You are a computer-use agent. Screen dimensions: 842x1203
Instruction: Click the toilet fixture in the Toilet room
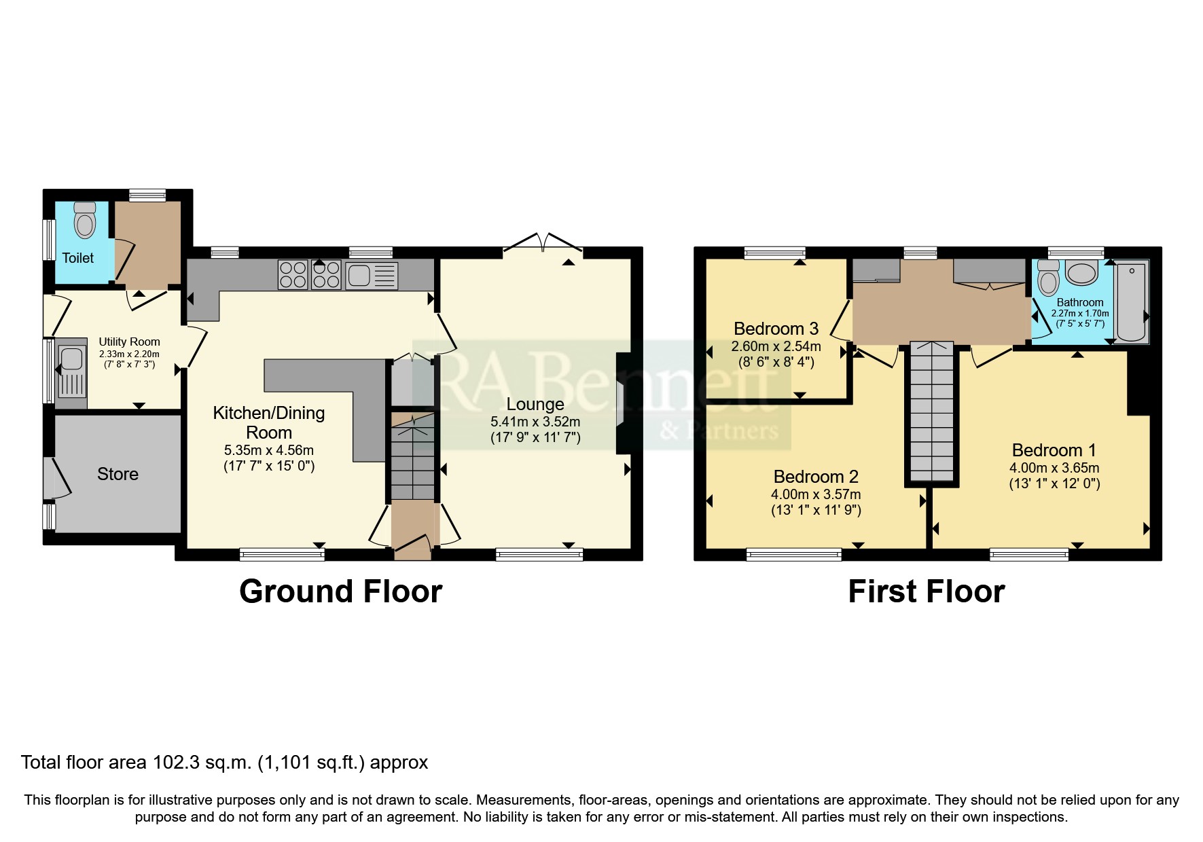pos(85,219)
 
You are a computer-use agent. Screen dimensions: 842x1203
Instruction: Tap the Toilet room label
pos(78,258)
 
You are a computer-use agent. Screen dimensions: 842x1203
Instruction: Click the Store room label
pos(118,474)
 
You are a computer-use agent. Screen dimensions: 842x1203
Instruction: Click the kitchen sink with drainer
pos(372,276)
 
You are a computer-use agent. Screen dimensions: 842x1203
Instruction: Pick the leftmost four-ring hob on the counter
pos(293,275)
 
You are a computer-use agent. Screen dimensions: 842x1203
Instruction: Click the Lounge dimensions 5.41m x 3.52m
pos(535,422)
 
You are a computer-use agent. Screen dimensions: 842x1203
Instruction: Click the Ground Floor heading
pos(340,591)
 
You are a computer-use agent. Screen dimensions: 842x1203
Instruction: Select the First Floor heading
pos(926,591)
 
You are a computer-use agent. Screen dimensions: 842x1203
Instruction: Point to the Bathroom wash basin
pos(1081,273)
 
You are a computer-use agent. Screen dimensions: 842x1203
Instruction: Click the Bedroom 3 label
pos(776,329)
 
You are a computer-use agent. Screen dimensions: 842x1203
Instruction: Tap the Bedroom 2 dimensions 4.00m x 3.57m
pos(816,494)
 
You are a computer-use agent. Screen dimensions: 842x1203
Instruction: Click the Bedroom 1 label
pos(1054,450)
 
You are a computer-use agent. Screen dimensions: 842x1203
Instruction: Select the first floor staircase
pos(932,411)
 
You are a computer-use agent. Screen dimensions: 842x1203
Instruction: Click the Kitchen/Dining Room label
pos(269,422)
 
